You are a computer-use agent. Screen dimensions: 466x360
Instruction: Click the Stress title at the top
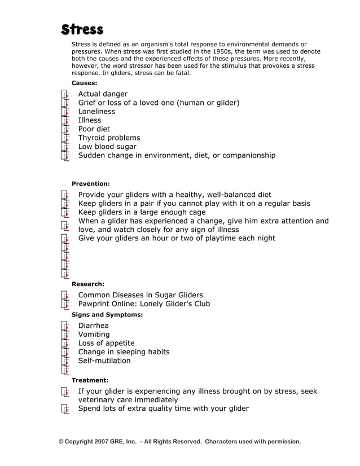pos(82,29)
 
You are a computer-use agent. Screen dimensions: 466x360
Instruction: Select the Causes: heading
pos(84,83)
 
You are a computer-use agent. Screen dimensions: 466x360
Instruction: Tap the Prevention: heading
pos(90,183)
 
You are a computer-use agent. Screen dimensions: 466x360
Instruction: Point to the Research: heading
pos(87,284)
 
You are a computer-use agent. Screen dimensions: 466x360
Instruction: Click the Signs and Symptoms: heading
pos(107,314)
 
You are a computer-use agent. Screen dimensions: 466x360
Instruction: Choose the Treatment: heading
pos(90,380)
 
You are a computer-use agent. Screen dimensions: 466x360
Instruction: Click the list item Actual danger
pos(103,94)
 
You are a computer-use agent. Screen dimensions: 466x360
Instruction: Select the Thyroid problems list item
pos(109,138)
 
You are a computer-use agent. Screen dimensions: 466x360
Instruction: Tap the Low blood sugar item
pos(107,147)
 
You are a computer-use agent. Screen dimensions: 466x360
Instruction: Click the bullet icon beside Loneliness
pos(65,112)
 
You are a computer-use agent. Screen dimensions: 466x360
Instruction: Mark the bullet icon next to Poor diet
pos(65,129)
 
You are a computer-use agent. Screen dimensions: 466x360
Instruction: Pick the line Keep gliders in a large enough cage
pos(142,212)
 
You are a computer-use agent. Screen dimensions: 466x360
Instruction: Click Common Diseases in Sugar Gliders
pos(140,295)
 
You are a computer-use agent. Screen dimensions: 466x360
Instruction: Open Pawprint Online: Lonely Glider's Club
pos(144,304)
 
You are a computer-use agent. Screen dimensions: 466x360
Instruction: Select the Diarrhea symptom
pos(93,326)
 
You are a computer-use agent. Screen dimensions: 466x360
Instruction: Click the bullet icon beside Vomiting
pos(65,335)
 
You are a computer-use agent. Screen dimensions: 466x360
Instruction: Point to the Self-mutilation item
pos(104,361)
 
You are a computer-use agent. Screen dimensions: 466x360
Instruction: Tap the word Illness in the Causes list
pos(90,120)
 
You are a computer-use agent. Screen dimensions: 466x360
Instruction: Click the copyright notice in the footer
pos(179,441)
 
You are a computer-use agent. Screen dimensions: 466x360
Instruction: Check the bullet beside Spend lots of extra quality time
pos(65,409)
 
